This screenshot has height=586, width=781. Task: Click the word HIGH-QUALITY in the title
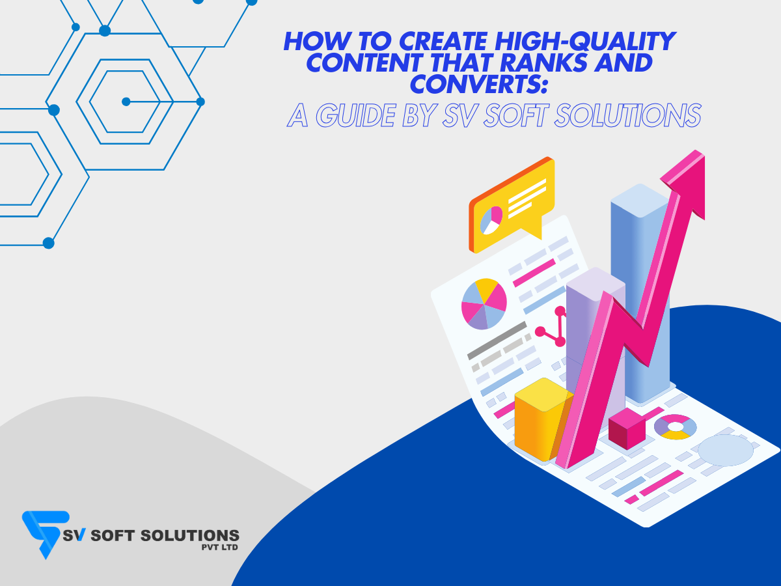[x=585, y=41]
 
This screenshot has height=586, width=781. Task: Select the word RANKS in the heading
[x=543, y=63]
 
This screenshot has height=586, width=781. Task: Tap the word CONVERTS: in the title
[x=478, y=84]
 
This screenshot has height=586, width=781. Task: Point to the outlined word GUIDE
[x=356, y=115]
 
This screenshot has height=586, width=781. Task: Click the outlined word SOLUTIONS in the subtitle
[x=628, y=115]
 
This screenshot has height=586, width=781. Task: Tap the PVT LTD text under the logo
[x=219, y=547]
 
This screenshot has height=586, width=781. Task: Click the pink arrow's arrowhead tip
[x=703, y=154]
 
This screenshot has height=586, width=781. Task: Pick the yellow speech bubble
[x=512, y=205]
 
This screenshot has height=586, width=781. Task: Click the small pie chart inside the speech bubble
[x=491, y=220]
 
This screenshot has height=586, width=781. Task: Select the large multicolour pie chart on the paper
[x=484, y=304]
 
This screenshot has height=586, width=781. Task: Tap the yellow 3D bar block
[x=543, y=420]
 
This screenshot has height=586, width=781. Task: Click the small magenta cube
[x=627, y=428]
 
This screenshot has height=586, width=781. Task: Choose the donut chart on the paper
[x=675, y=427]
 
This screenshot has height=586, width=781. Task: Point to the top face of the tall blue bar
[x=640, y=200]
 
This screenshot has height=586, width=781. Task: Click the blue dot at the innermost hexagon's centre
[x=126, y=102]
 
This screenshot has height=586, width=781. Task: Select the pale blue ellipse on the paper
[x=726, y=450]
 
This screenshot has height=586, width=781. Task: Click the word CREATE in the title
[x=443, y=41]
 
